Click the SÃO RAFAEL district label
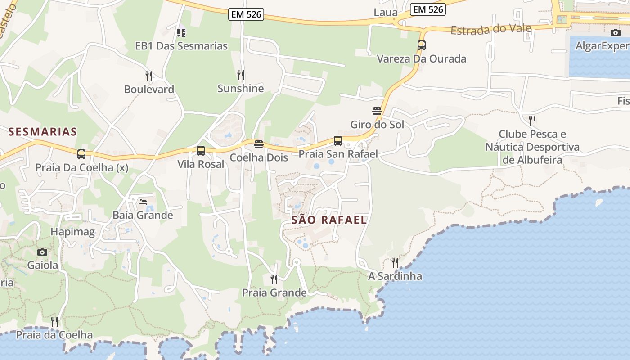point(329,220)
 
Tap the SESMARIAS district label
point(43,132)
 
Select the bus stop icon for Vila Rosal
point(201,151)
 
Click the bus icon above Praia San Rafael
point(338,141)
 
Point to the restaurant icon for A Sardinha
point(395,262)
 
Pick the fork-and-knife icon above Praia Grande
point(274,279)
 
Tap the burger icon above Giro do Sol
point(377,111)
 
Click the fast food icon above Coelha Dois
point(259,144)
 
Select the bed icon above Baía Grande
point(143,202)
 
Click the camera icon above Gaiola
point(42,252)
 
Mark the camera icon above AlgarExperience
point(615,32)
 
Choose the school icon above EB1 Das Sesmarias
point(181,32)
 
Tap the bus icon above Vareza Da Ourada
point(422,45)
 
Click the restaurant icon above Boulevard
point(149,76)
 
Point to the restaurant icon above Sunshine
point(241,75)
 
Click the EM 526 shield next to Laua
point(427,9)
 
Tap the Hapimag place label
point(73,232)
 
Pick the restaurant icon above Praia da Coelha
point(54,322)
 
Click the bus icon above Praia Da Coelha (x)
point(81,154)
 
